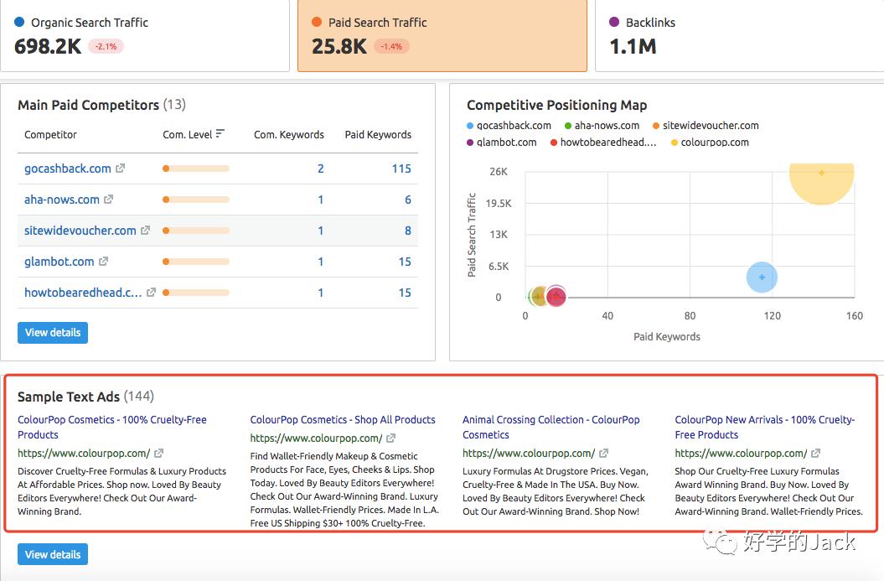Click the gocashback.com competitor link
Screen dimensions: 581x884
[x=67, y=169]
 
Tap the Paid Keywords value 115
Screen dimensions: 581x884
[x=401, y=169]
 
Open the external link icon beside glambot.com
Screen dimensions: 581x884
[x=104, y=262]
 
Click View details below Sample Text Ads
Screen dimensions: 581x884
[x=53, y=554]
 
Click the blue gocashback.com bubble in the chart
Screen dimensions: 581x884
[x=762, y=278]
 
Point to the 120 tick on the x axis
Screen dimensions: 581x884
[x=772, y=316]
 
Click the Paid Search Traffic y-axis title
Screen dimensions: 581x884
[x=472, y=235]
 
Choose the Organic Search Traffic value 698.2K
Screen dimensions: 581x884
[x=48, y=47]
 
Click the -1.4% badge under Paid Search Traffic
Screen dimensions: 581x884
[x=391, y=47]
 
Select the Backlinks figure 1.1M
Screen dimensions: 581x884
[x=633, y=47]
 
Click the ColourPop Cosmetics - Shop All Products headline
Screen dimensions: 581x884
[x=343, y=419]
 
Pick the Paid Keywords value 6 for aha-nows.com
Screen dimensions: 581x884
[x=407, y=200]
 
